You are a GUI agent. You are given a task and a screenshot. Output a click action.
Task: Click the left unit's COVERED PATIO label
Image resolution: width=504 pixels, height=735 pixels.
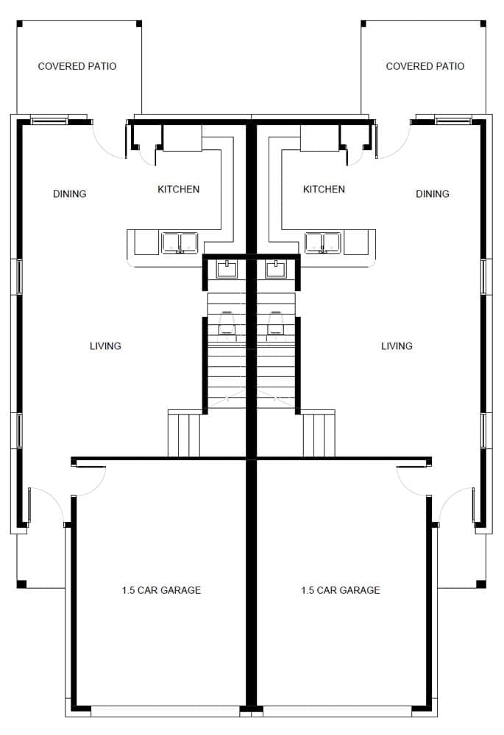point(77,66)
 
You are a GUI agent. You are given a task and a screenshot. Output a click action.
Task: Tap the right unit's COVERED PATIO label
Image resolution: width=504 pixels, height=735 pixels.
point(425,66)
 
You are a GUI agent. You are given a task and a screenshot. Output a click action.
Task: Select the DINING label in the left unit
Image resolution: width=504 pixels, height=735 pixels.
point(69,193)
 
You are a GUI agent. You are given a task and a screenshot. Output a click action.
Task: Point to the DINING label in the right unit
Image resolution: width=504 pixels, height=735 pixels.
point(432,193)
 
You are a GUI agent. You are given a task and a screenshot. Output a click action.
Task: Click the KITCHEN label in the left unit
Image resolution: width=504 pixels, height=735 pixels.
point(178,189)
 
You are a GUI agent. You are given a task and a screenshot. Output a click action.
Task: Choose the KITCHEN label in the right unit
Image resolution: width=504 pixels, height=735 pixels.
point(324,189)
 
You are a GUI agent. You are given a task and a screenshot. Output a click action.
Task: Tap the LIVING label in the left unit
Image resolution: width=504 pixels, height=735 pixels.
point(106,346)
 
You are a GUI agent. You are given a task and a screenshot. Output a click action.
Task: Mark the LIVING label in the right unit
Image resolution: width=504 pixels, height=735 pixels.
point(397,346)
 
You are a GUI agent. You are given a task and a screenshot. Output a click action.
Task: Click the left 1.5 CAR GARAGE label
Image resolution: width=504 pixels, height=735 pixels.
point(161,590)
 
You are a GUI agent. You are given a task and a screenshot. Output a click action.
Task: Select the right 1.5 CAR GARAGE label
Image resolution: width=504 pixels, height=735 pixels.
point(341,590)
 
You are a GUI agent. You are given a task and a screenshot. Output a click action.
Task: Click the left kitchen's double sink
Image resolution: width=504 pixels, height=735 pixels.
point(180,243)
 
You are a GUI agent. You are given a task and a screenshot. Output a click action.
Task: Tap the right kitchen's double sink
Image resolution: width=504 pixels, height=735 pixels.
point(323,243)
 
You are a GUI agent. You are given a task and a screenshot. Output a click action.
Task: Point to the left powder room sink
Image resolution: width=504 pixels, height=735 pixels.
point(227,269)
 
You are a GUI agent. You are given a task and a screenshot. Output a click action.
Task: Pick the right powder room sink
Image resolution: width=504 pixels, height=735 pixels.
point(275,269)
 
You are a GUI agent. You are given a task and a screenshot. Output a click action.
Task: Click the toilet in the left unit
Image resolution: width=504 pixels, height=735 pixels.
point(227,323)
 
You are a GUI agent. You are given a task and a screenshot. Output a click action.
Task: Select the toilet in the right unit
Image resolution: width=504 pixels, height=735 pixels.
point(275,323)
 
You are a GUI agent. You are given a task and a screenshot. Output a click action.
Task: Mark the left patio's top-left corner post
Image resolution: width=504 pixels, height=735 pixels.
point(20,24)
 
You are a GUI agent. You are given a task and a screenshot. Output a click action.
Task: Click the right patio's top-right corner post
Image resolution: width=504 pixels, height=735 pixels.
point(483,24)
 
